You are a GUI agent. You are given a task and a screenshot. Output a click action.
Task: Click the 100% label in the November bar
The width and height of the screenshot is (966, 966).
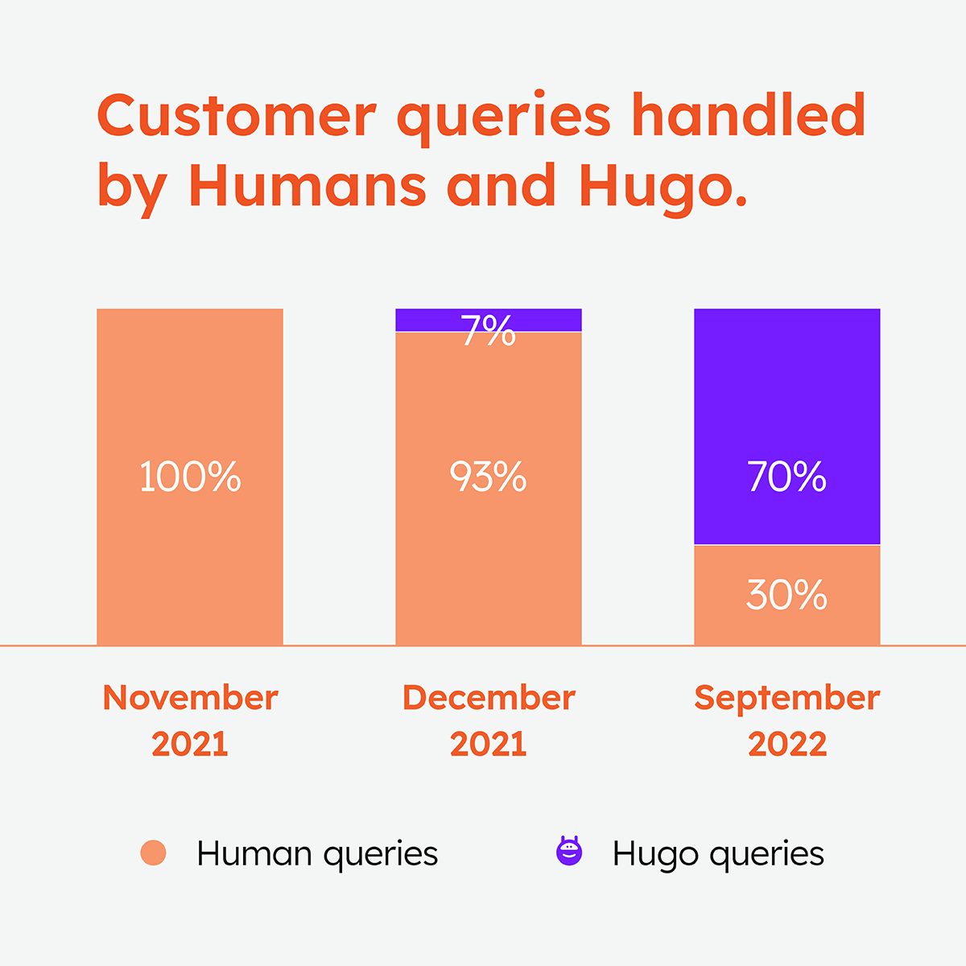coord(190,477)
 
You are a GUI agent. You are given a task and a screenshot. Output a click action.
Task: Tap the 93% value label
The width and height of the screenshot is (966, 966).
coord(488,477)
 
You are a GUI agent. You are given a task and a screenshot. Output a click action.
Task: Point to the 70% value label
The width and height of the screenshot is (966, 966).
coord(786,477)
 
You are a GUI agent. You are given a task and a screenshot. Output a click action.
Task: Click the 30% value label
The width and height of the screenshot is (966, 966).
coord(786,596)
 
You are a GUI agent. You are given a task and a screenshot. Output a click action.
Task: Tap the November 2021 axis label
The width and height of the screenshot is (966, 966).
coord(190,720)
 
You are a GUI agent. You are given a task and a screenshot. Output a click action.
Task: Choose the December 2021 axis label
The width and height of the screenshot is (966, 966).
coord(488,720)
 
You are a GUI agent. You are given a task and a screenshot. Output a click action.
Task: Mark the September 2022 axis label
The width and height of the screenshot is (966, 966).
coord(786,720)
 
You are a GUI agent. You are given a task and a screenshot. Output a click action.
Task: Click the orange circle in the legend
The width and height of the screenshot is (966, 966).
coord(153,853)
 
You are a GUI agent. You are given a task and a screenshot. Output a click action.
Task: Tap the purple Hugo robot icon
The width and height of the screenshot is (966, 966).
coord(569,852)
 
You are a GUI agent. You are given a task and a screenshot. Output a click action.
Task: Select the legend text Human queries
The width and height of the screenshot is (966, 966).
coord(317,854)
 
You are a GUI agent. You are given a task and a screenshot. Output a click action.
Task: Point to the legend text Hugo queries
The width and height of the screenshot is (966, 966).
coord(718,854)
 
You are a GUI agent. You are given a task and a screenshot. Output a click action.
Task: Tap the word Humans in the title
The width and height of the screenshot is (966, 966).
coord(308,185)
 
